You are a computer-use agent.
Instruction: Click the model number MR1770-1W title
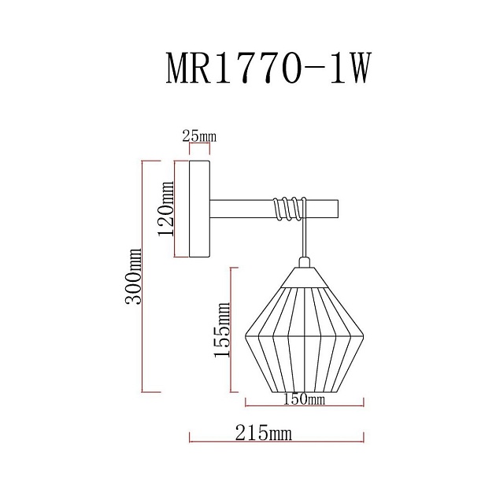(x=268, y=68)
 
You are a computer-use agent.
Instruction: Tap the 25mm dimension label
(x=198, y=137)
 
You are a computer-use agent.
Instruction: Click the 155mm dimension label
(x=223, y=331)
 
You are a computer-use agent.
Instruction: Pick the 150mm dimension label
(x=304, y=398)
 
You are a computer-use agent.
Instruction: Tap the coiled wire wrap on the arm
(x=287, y=208)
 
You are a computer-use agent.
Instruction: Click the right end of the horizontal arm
(x=334, y=209)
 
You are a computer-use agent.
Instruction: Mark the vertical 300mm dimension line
(x=142, y=276)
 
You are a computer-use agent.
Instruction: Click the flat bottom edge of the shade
(x=303, y=391)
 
